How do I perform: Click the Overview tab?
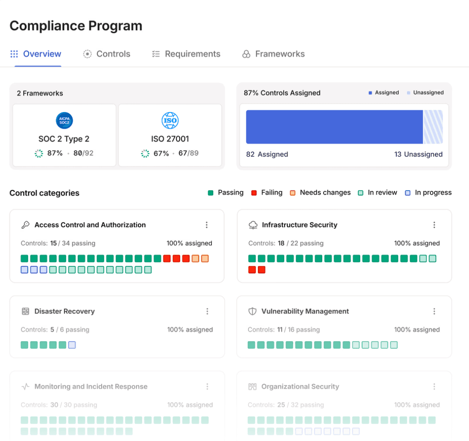(36, 54)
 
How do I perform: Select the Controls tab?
(107, 54)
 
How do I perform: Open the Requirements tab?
(186, 54)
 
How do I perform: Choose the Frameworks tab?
(273, 54)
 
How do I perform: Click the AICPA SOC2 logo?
(64, 121)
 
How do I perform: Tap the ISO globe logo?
(170, 121)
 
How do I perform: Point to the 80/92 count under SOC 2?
(84, 153)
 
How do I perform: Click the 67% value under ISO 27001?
(161, 153)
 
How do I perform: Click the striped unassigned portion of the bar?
(433, 127)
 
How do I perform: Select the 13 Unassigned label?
(418, 154)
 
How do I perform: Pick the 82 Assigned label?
(267, 154)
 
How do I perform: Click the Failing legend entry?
(267, 193)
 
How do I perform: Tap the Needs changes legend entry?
(320, 193)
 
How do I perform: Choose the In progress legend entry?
(428, 193)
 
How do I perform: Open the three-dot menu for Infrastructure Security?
(434, 225)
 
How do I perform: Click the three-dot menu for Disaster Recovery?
(207, 311)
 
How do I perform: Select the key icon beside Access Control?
(26, 225)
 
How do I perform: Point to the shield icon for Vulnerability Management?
(252, 311)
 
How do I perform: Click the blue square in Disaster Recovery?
(72, 345)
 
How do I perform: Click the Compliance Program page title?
(76, 26)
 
